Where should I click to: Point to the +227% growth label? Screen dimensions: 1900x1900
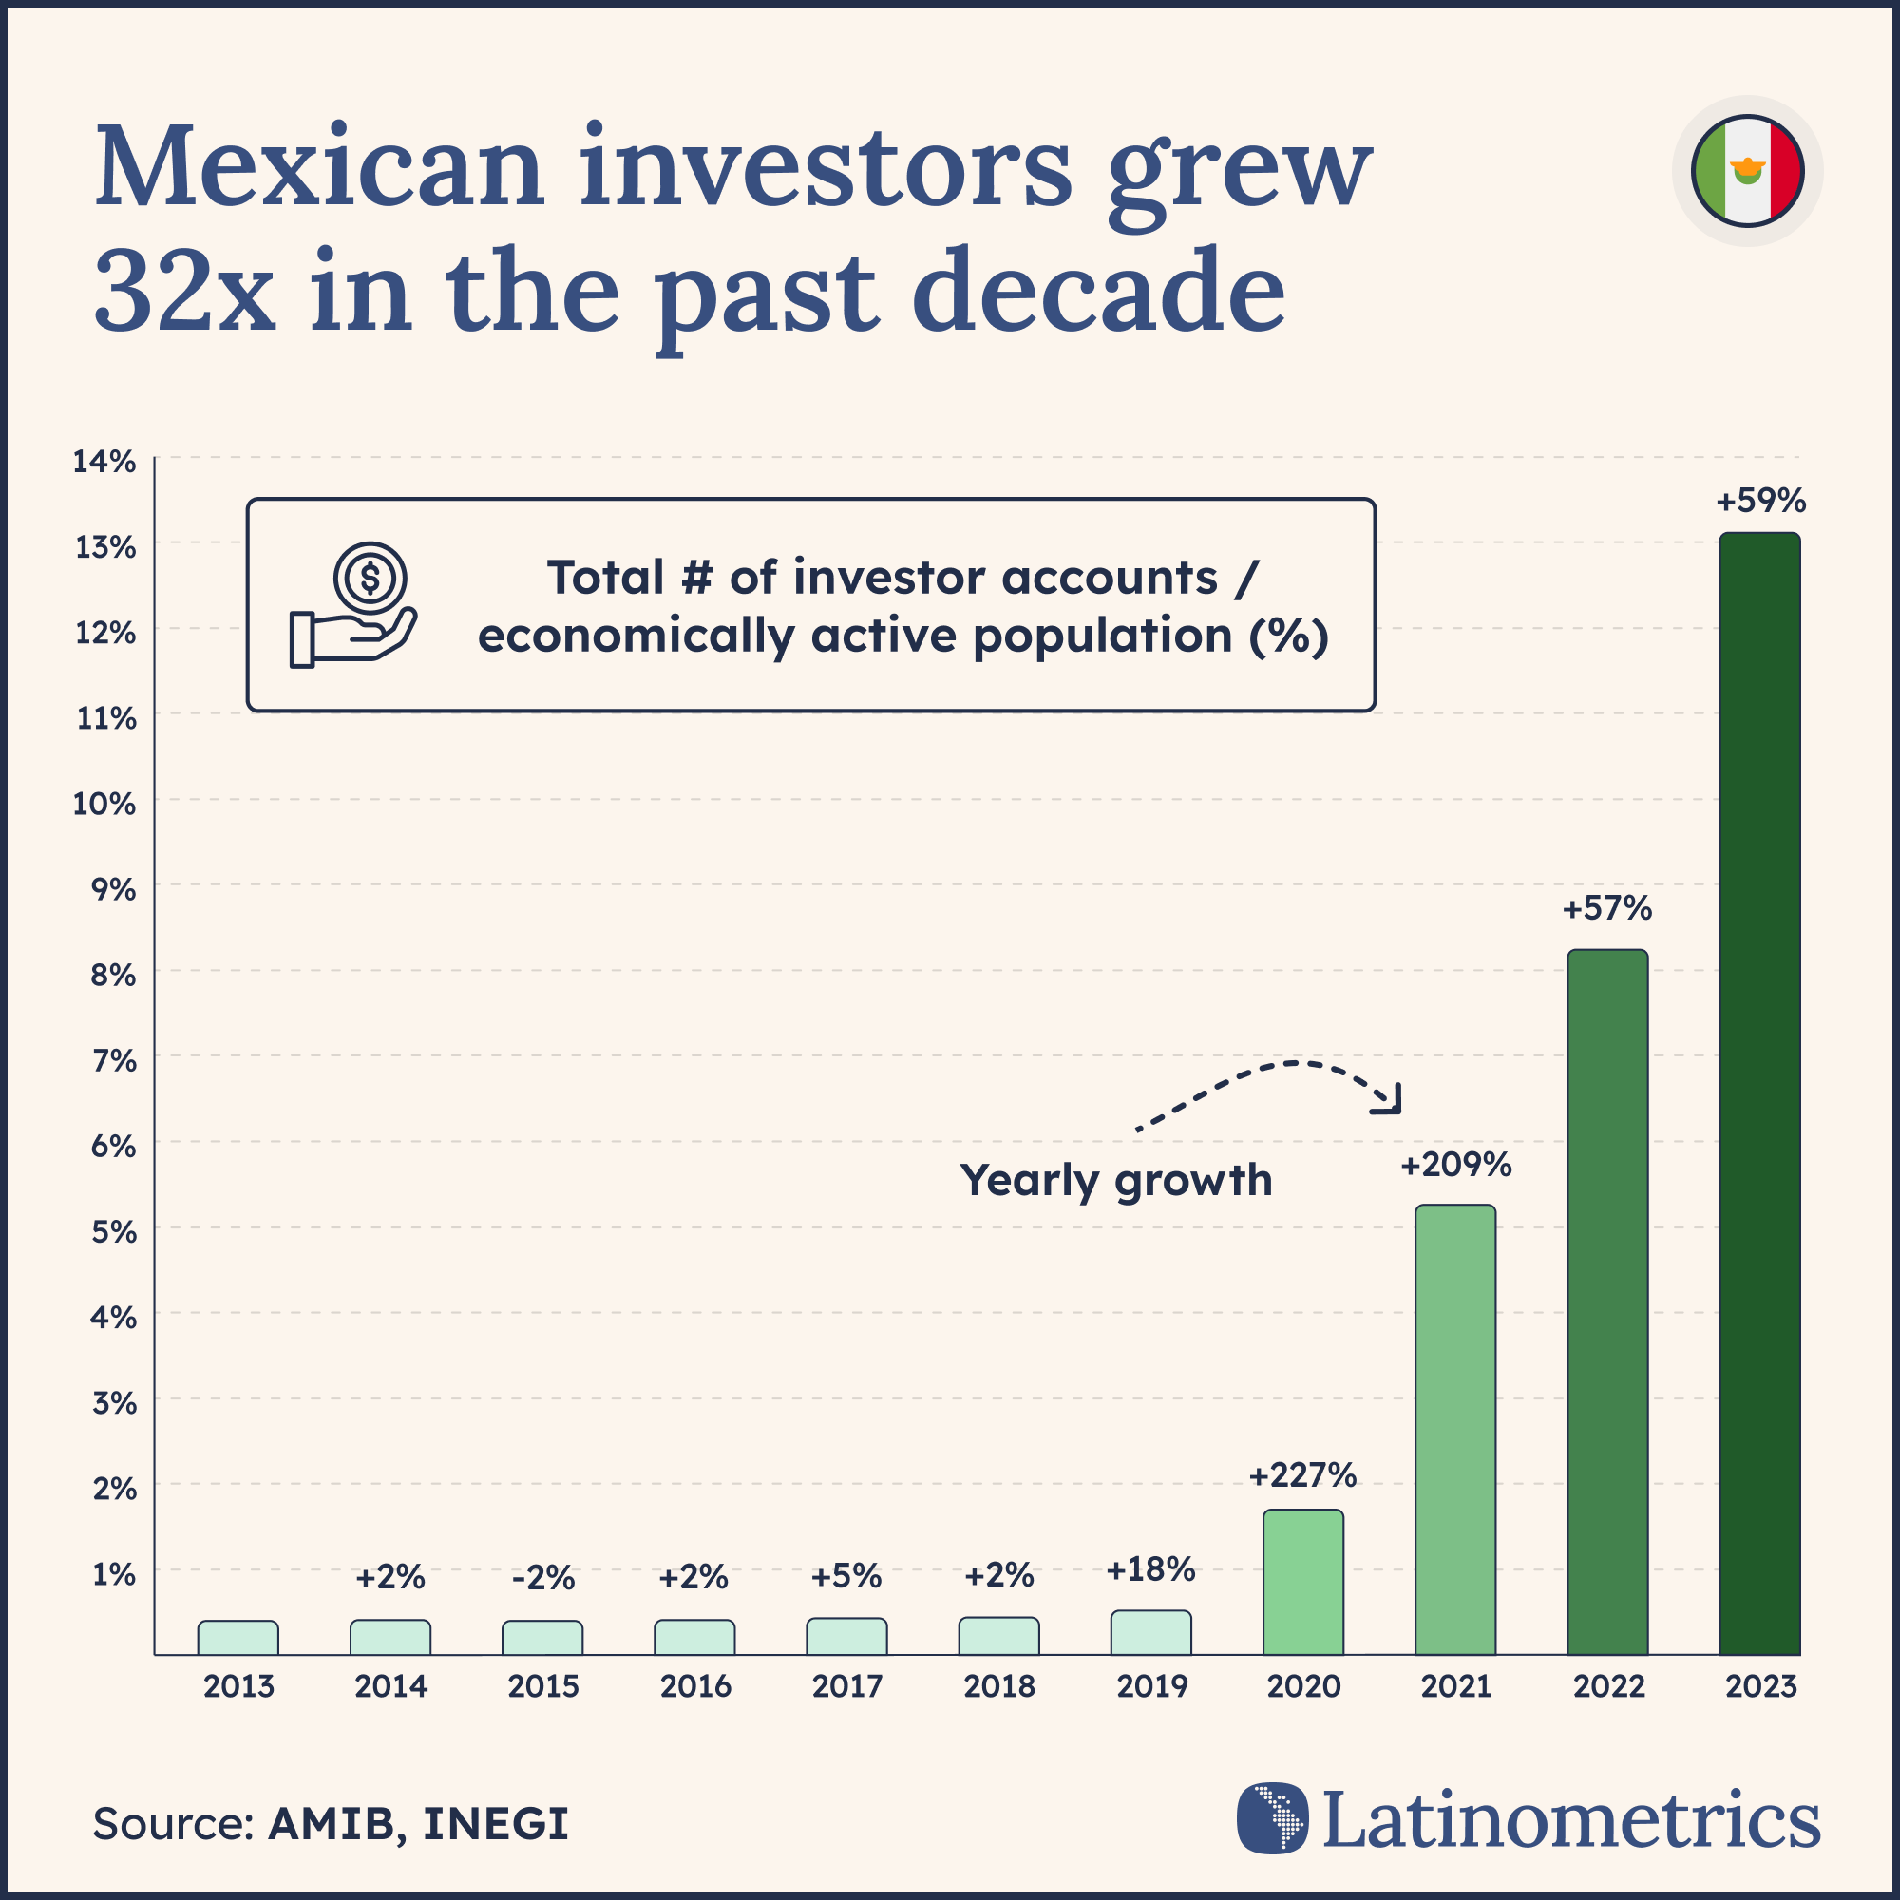[1302, 1475]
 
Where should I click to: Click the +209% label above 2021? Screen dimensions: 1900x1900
[1455, 1166]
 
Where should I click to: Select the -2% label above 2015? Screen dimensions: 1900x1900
[542, 1578]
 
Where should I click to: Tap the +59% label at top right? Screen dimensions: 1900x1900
[1760, 502]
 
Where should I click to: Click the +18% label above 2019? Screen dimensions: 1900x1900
[1150, 1569]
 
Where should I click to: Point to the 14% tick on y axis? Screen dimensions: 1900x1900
[104, 462]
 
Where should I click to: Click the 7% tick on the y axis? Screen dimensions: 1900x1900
[113, 1060]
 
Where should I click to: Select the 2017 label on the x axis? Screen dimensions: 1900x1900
[846, 1686]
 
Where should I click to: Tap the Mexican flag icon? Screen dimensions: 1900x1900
[1748, 171]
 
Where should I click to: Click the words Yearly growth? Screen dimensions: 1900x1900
[1116, 1180]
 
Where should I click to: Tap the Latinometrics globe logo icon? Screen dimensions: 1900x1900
[1273, 1818]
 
